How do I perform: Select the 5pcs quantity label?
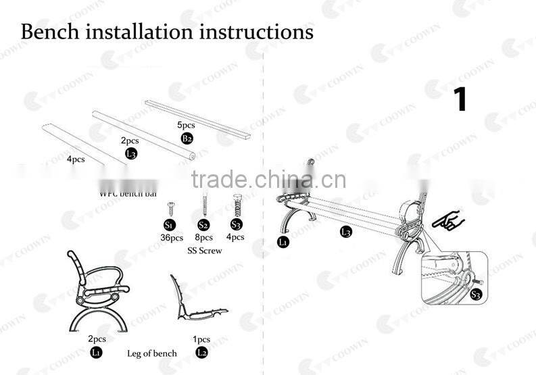pyautogui.click(x=186, y=126)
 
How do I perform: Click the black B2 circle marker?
pyautogui.click(x=187, y=139)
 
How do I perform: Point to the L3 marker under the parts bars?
pyautogui.click(x=132, y=153)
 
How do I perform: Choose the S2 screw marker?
pyautogui.click(x=203, y=225)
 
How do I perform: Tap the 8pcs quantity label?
pyautogui.click(x=203, y=238)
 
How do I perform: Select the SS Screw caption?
pyautogui.click(x=205, y=251)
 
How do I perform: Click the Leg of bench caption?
pyautogui.click(x=152, y=353)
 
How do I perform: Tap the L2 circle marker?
pyautogui.click(x=201, y=352)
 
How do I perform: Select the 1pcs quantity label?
pyautogui.click(x=201, y=339)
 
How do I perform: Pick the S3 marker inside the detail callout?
pyautogui.click(x=476, y=294)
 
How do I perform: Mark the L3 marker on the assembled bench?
pyautogui.click(x=345, y=232)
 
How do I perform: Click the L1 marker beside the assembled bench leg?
pyautogui.click(x=283, y=241)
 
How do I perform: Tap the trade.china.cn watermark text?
pyautogui.click(x=268, y=180)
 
